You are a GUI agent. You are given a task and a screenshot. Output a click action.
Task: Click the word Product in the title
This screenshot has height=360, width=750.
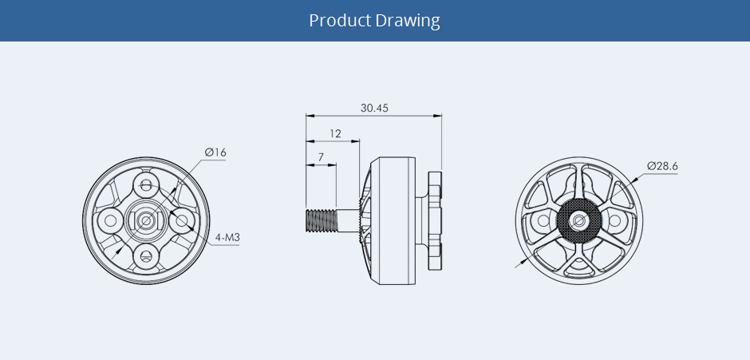point(340,21)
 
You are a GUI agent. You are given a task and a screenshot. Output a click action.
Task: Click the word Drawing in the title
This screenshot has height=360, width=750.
point(408,21)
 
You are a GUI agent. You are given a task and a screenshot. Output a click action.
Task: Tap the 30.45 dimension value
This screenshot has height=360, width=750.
point(374,109)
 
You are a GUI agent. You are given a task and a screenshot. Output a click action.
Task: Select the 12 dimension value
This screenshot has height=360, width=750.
point(336,133)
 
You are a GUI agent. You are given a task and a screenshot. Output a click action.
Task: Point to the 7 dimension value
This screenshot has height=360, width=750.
point(321,156)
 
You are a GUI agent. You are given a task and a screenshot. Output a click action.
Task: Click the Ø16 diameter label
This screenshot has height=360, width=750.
point(215,152)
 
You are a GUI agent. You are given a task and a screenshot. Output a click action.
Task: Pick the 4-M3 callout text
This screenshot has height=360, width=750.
point(227,237)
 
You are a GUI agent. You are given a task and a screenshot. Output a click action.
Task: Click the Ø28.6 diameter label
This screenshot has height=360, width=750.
point(662,166)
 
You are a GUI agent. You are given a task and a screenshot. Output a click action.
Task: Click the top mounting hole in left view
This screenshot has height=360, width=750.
point(146,184)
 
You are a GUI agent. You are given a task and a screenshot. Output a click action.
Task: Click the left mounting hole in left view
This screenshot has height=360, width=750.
point(110,220)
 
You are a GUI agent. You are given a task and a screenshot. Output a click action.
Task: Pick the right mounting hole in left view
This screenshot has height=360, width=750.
point(182,220)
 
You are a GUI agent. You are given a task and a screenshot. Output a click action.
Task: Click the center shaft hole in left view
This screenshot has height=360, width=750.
point(146,220)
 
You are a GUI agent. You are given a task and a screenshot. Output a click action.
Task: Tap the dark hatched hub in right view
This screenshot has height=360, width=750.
point(579,220)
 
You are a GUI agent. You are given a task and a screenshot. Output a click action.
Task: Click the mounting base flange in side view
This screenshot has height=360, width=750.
point(435,220)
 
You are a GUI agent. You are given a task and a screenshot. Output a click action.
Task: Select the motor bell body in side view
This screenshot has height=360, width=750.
point(393,220)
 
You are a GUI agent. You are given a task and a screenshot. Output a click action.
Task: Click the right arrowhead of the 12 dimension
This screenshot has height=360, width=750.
point(355,141)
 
